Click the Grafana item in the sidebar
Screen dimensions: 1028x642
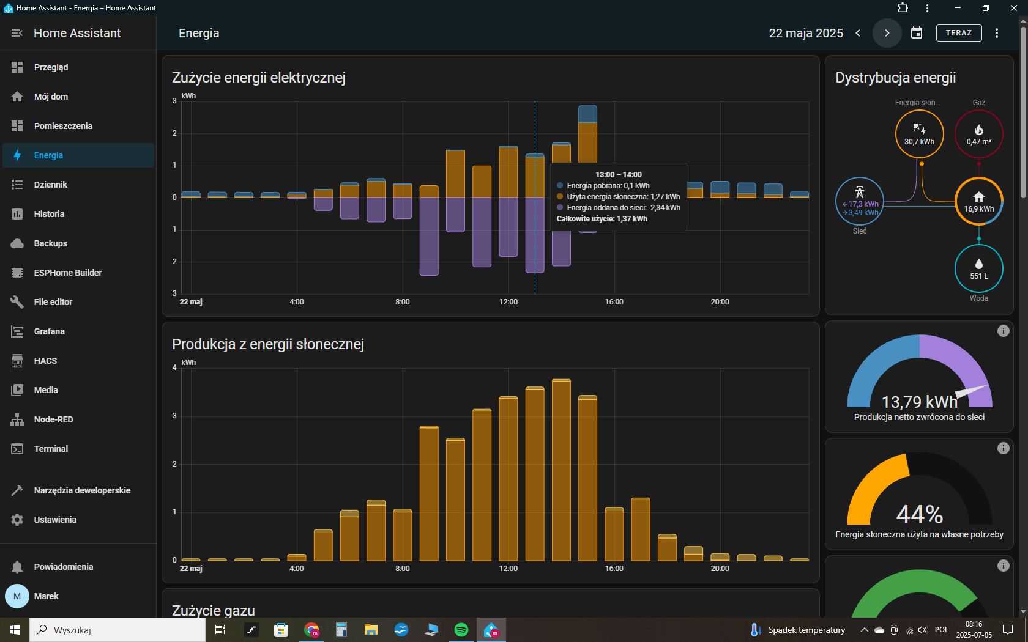[49, 331]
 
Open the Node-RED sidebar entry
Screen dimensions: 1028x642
[53, 419]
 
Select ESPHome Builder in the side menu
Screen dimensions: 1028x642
[67, 273]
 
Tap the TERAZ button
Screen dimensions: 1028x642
[959, 33]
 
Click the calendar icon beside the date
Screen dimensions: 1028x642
[917, 33]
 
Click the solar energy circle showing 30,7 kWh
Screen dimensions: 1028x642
[919, 134]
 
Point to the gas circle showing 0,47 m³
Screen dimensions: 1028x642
[979, 134]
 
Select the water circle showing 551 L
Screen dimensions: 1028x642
[979, 268]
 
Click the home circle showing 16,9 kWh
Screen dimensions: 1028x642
[979, 201]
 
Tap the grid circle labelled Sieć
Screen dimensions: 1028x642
[860, 201]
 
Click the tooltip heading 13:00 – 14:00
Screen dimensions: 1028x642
[618, 175]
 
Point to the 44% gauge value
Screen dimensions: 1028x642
[919, 515]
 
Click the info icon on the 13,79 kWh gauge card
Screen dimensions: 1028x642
[1004, 331]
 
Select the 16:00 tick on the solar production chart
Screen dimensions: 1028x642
[614, 568]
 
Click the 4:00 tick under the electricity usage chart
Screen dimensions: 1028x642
[296, 302]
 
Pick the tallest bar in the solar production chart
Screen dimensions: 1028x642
[561, 470]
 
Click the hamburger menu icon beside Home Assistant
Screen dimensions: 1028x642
[17, 33]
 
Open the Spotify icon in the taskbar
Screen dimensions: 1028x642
[461, 630]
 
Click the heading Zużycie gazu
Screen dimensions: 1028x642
[214, 611]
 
